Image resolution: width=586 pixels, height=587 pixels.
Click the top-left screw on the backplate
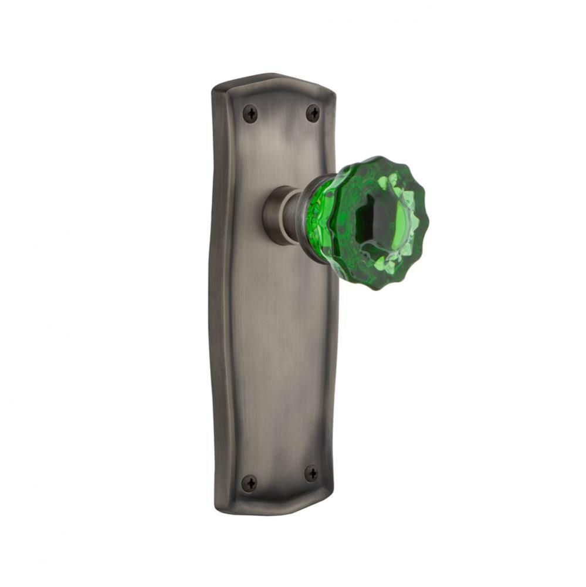250,113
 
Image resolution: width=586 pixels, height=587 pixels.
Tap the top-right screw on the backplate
313,113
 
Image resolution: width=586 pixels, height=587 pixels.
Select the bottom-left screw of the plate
249,483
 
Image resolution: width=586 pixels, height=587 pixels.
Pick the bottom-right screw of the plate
311,473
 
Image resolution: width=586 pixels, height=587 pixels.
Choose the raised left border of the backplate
218,293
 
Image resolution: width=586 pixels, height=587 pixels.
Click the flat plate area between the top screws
282,114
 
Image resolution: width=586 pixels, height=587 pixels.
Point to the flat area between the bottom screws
280,478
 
